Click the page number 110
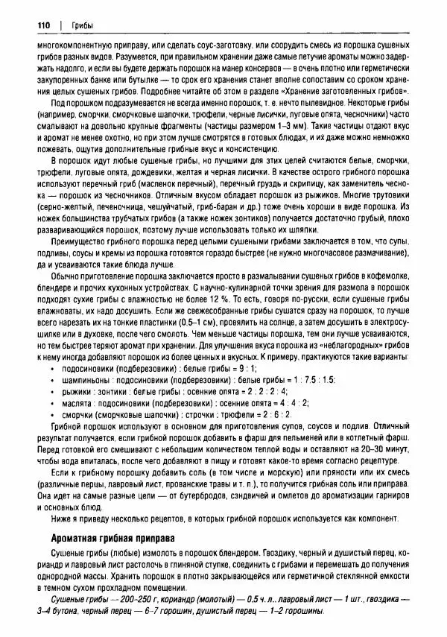[42, 26]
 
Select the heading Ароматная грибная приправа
[112, 538]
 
